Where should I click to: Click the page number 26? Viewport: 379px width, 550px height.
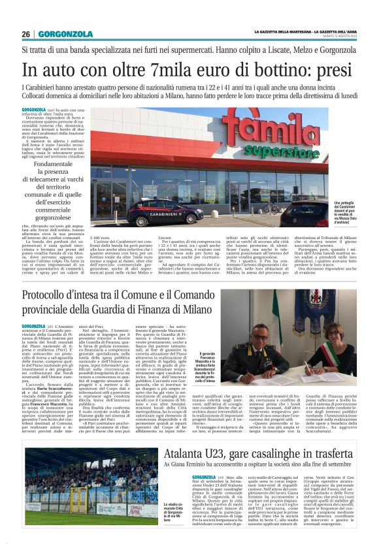click(x=25, y=34)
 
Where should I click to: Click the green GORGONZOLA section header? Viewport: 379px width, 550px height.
click(x=65, y=34)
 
